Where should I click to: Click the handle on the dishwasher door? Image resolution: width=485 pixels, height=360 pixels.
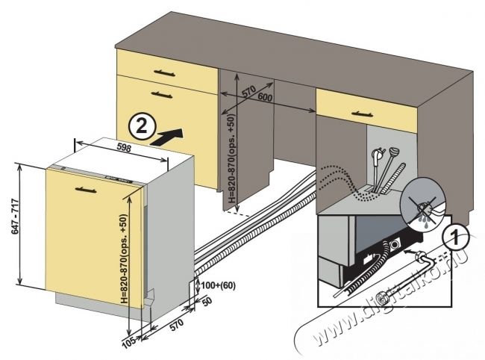click(x=83, y=190)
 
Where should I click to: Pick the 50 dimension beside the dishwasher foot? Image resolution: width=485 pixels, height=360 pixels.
click(x=206, y=300)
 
